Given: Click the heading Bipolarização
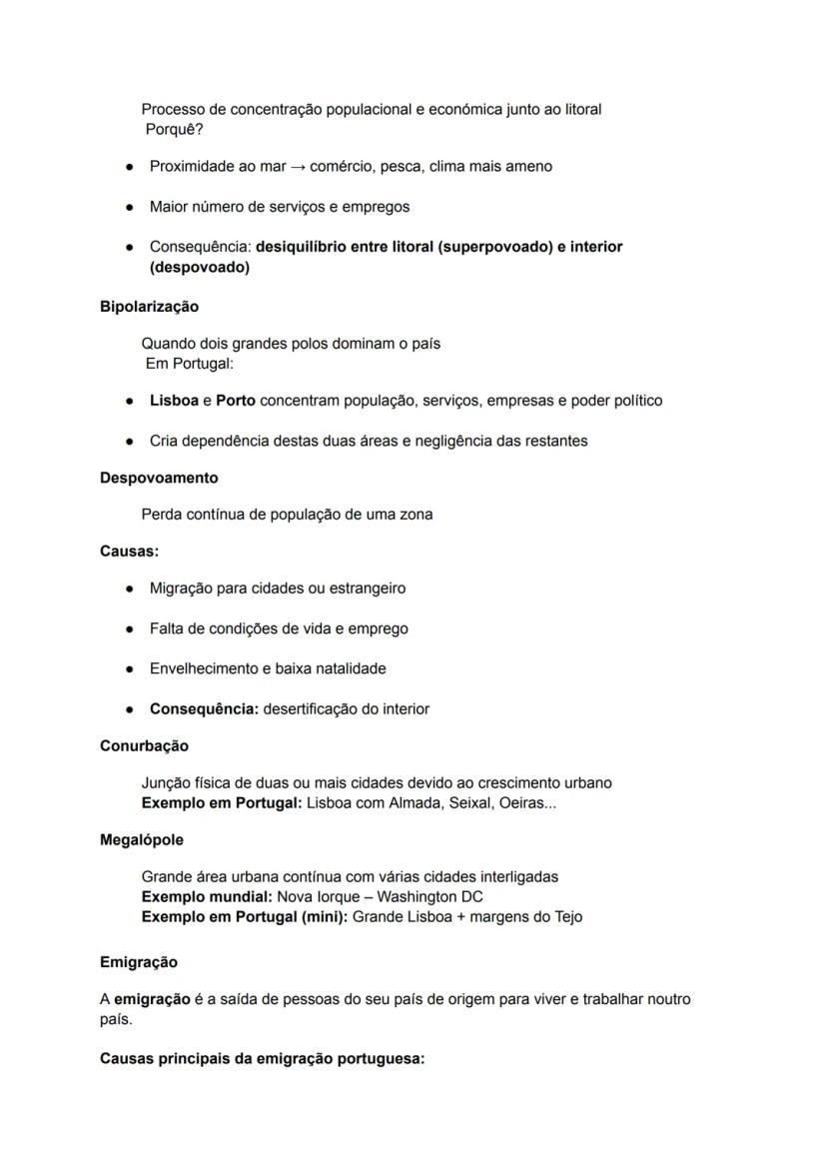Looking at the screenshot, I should click(149, 307).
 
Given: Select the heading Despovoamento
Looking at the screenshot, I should click(159, 478).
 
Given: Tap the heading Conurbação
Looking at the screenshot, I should click(144, 745).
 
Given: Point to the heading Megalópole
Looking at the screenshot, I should click(142, 839).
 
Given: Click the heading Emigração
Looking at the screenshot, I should click(139, 962).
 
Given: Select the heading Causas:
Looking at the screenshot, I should click(129, 551).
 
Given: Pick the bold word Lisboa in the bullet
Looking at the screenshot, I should click(174, 401).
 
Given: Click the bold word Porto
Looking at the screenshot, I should click(236, 401).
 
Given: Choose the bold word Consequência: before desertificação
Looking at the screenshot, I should click(204, 709).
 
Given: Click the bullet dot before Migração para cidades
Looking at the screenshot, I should click(130, 588).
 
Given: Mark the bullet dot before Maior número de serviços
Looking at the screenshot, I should click(130, 207).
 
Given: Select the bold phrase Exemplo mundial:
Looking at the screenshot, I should click(207, 896).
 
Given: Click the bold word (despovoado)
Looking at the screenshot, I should click(200, 268).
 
